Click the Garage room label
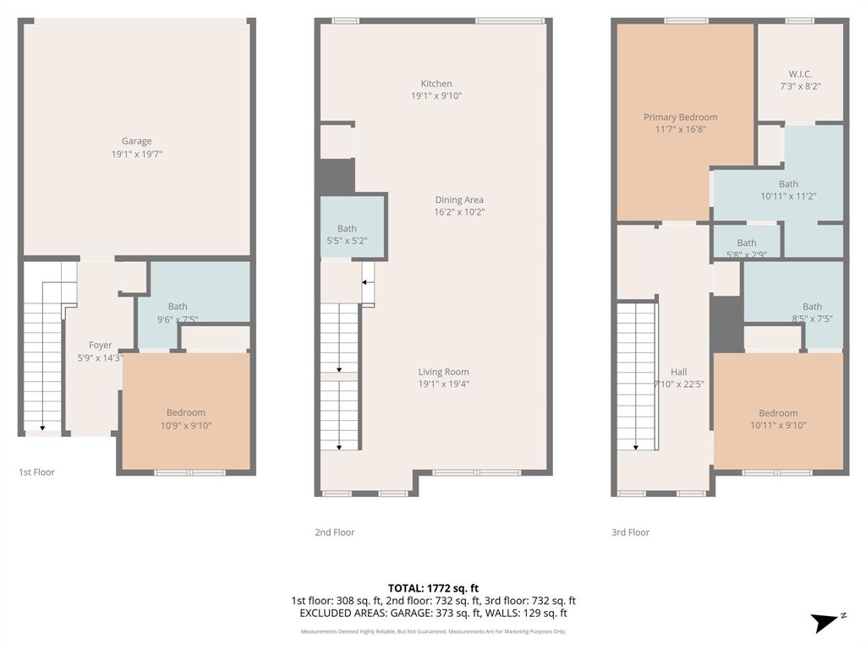pyautogui.click(x=136, y=141)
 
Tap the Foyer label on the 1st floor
pyautogui.click(x=101, y=345)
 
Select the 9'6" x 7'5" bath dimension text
pyautogui.click(x=178, y=319)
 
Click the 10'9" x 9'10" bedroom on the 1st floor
pyautogui.click(x=186, y=418)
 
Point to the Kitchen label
pyautogui.click(x=436, y=84)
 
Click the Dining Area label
pyautogui.click(x=459, y=200)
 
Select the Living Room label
pyautogui.click(x=443, y=372)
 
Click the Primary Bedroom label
pyautogui.click(x=680, y=117)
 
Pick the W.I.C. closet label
pyautogui.click(x=800, y=74)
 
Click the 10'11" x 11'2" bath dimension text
pyautogui.click(x=788, y=196)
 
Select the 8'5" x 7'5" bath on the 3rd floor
pyautogui.click(x=812, y=313)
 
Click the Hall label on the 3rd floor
pyautogui.click(x=678, y=372)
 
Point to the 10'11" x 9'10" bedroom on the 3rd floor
pyautogui.click(x=778, y=418)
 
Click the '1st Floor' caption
pyautogui.click(x=36, y=472)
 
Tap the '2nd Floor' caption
pyautogui.click(x=334, y=532)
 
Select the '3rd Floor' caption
pyautogui.click(x=630, y=532)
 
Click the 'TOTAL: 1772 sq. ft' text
pyautogui.click(x=433, y=588)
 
